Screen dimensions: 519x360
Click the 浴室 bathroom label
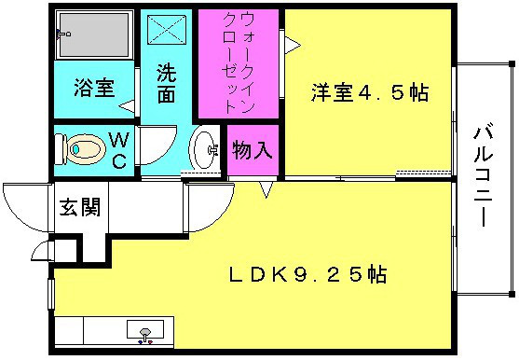[94, 88]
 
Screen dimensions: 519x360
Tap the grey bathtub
[94, 35]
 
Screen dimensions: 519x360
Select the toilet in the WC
[80, 149]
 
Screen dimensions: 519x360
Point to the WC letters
[119, 150]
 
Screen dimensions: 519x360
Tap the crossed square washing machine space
[167, 30]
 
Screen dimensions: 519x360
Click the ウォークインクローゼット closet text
[238, 62]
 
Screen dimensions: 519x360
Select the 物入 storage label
[253, 150]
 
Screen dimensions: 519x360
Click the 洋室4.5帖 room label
[370, 92]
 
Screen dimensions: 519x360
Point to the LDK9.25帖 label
[307, 274]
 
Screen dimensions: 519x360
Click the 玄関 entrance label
[80, 207]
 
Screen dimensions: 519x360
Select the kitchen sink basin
[145, 329]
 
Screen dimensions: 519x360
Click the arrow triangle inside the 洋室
[293, 45]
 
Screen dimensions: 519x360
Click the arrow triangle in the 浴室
[127, 106]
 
